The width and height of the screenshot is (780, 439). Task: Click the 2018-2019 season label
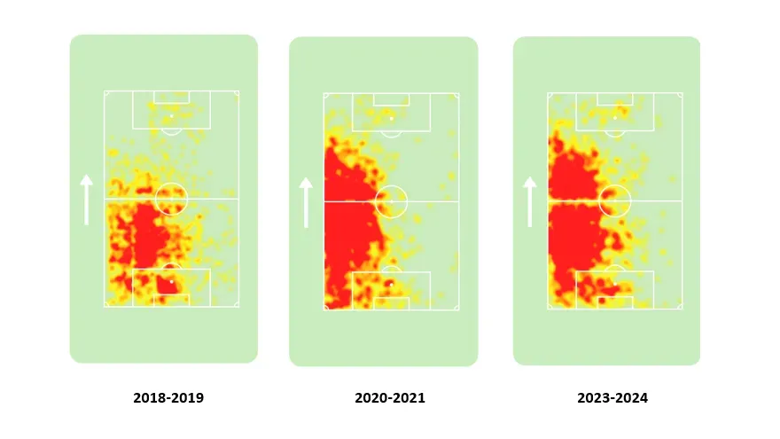pyautogui.click(x=168, y=398)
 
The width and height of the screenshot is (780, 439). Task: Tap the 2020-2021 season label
pyautogui.click(x=390, y=398)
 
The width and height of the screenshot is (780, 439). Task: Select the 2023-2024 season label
pyautogui.click(x=612, y=398)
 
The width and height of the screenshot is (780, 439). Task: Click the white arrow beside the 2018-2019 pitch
pyautogui.click(x=86, y=200)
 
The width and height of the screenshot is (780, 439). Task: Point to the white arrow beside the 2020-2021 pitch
pyautogui.click(x=306, y=202)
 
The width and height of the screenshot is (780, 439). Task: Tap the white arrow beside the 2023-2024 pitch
pyautogui.click(x=530, y=201)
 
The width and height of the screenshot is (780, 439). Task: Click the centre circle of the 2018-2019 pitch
pyautogui.click(x=171, y=199)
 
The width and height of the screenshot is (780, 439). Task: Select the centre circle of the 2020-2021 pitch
pyautogui.click(x=391, y=201)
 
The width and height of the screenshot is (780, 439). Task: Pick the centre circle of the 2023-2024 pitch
pyautogui.click(x=614, y=200)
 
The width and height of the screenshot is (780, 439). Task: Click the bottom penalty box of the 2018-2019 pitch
pyautogui.click(x=171, y=287)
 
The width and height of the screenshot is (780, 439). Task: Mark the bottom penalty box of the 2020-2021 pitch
pyautogui.click(x=391, y=290)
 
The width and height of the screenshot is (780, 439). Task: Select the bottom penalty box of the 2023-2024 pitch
pyautogui.click(x=614, y=289)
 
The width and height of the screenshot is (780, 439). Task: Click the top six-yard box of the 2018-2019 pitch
pyautogui.click(x=171, y=97)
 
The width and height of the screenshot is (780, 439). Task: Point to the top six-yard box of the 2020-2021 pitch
pyautogui.click(x=391, y=99)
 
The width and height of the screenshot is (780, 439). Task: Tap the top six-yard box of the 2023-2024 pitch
pyautogui.click(x=614, y=98)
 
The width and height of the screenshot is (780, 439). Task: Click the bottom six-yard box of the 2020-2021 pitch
pyautogui.click(x=391, y=303)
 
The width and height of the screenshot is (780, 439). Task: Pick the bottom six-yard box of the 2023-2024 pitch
pyautogui.click(x=614, y=302)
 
